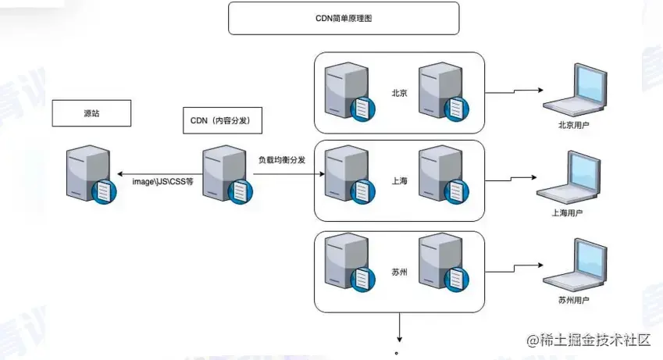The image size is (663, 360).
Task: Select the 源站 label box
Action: pos(91,113)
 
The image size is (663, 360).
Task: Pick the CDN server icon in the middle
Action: pos(226,173)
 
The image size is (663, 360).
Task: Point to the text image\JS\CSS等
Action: pos(162,180)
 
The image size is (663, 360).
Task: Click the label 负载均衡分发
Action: pos(281,159)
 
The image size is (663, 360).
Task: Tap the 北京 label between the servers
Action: pos(399,92)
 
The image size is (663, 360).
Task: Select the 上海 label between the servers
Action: pos(399,180)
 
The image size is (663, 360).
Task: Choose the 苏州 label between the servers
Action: pos(399,273)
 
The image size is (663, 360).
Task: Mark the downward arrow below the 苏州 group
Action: pos(400,328)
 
